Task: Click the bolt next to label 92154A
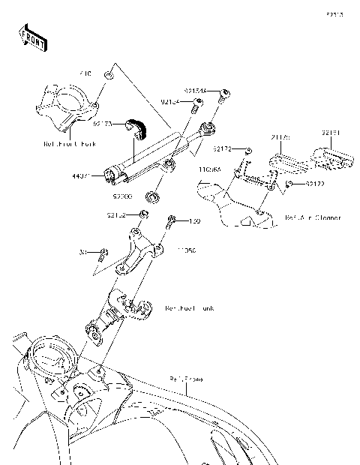click(x=223, y=94)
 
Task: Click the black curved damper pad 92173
click(x=137, y=128)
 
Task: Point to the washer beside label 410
click(x=109, y=76)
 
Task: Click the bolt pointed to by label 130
click(x=172, y=222)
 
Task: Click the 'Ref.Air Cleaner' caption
click(x=313, y=218)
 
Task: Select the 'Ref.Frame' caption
click(x=186, y=378)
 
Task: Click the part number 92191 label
click(x=331, y=133)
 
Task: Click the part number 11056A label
click(x=209, y=170)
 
